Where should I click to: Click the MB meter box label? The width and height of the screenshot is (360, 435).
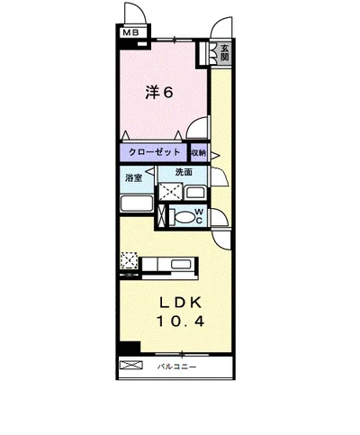pyautogui.click(x=131, y=32)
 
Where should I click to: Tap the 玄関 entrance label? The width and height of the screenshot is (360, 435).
pyautogui.click(x=225, y=53)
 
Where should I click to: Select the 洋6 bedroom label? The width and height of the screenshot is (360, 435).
pyautogui.click(x=159, y=93)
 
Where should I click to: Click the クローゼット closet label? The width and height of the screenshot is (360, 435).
pyautogui.click(x=155, y=152)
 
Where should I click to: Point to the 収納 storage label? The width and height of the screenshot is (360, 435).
pyautogui.click(x=199, y=152)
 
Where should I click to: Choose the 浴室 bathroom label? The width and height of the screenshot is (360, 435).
pyautogui.click(x=133, y=178)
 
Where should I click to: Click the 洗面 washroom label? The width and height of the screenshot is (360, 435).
pyautogui.click(x=184, y=172)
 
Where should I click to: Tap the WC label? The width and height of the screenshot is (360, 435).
pyautogui.click(x=199, y=216)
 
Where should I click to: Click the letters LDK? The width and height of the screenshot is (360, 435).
pyautogui.click(x=181, y=304)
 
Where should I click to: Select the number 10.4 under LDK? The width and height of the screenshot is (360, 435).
pyautogui.click(x=180, y=322)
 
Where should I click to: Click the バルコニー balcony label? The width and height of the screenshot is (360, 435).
pyautogui.click(x=177, y=367)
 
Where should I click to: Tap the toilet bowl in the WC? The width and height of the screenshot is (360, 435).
pyautogui.click(x=183, y=216)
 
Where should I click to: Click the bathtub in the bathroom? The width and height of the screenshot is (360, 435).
pyautogui.click(x=137, y=204)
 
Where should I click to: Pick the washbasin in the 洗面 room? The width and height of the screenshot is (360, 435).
pyautogui.click(x=195, y=193)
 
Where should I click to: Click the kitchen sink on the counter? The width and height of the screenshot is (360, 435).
pyautogui.click(x=181, y=264)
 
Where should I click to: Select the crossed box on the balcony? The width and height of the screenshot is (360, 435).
pyautogui.click(x=130, y=365)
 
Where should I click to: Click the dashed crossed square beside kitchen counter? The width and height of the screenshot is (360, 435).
pyautogui.click(x=129, y=260)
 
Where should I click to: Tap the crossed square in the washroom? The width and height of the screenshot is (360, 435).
pyautogui.click(x=170, y=191)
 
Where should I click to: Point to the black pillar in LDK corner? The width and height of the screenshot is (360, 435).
pyautogui.click(x=130, y=347)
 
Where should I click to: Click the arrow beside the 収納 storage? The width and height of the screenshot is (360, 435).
pyautogui.click(x=215, y=155)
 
